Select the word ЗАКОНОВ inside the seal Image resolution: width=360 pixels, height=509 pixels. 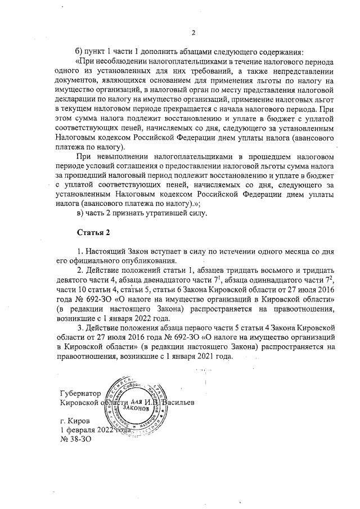click(139, 407)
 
